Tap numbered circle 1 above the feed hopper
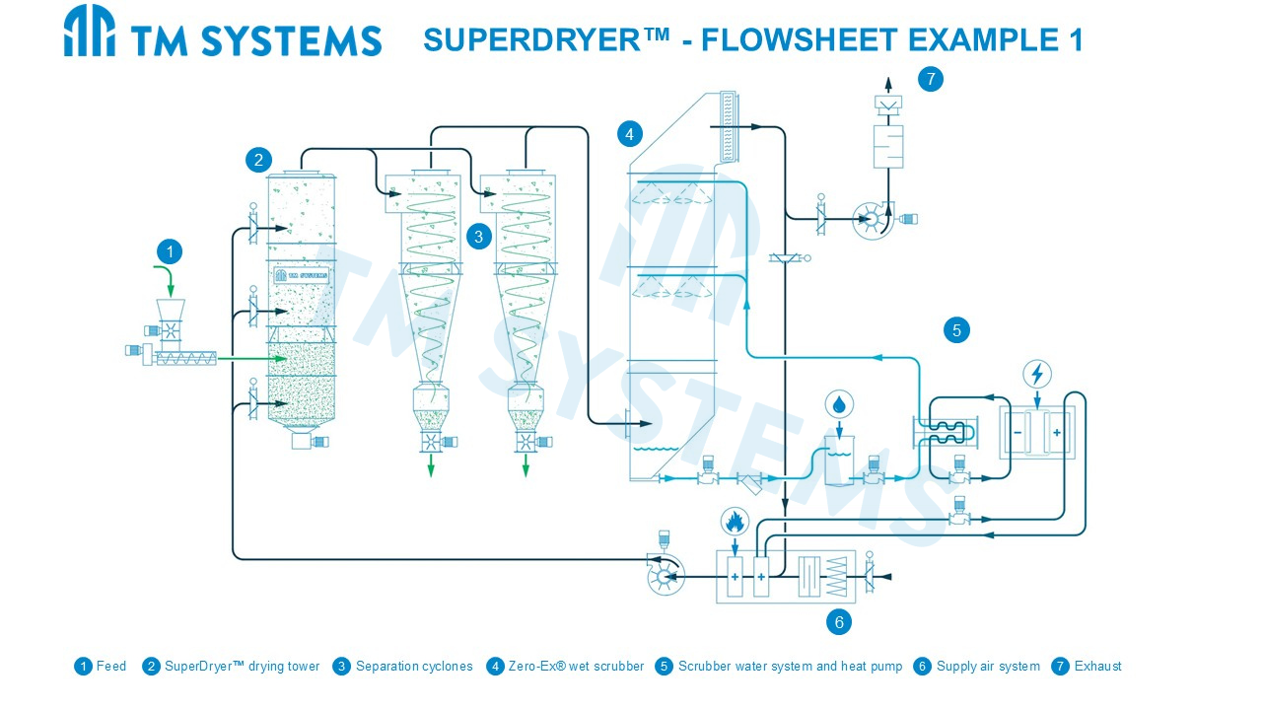pos(170,251)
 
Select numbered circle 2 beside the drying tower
pos(258,160)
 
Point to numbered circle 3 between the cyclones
pos(479,236)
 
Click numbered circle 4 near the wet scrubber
pos(630,133)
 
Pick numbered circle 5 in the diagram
pos(956,329)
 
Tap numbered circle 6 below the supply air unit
pos(839,621)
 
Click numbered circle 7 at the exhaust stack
pos(930,79)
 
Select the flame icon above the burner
pos(734,520)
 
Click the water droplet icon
pos(839,404)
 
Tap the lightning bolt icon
pos(1037,375)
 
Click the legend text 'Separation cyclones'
pos(414,667)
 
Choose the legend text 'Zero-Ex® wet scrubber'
pos(576,667)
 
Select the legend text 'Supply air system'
pos(988,667)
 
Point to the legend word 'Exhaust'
pos(1097,667)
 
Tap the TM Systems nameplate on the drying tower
pos(301,275)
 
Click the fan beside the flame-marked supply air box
pos(665,574)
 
